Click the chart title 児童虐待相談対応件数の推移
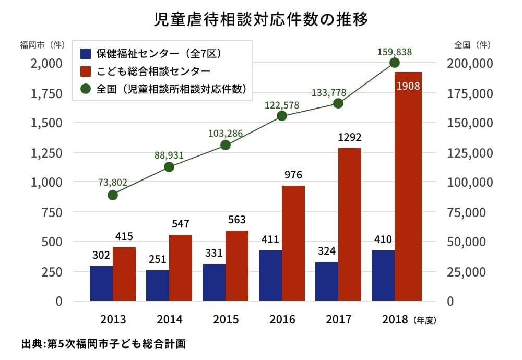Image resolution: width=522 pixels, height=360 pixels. coord(261,19)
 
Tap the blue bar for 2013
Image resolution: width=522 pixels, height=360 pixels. coord(101,283)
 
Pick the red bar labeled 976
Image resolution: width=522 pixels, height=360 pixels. coord(293,243)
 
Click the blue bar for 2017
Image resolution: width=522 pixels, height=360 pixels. coord(327,281)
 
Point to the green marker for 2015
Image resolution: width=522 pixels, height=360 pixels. coord(226,145)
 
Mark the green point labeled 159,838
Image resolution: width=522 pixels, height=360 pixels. coord(395,63)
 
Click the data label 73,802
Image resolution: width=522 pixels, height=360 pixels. coord(113,182)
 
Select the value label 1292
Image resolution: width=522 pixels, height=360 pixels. coord(350,138)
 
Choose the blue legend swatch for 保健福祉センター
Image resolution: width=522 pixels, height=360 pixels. coord(86,53)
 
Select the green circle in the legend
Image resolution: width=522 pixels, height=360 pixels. coord(86,88)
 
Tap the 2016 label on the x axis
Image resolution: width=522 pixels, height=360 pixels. coord(282,319)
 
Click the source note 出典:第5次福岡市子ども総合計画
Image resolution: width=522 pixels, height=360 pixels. coord(104,344)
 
